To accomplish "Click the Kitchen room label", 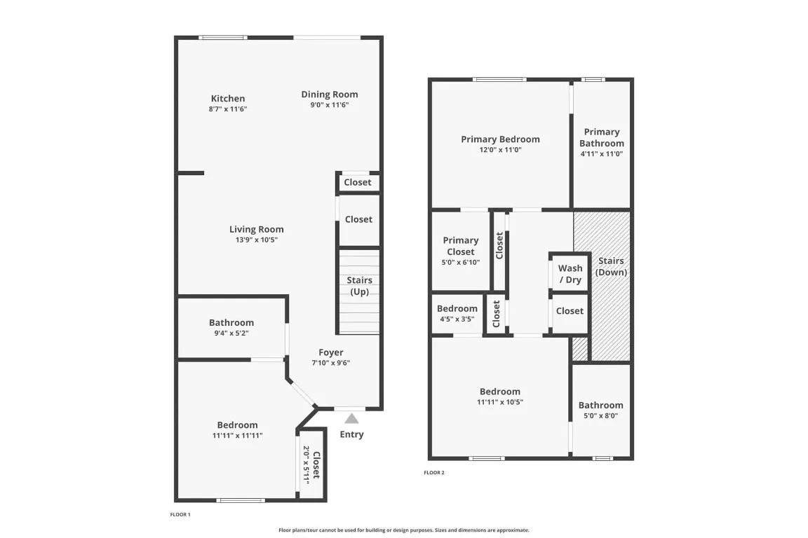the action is click(228, 98).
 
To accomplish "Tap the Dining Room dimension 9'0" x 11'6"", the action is click(329, 105).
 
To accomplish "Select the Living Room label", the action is click(256, 229).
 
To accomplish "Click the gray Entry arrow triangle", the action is click(351, 418).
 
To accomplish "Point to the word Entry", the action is click(351, 434).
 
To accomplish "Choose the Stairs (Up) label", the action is click(359, 286).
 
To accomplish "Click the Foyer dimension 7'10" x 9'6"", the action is click(330, 363).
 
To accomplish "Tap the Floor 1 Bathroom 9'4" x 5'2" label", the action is click(231, 327).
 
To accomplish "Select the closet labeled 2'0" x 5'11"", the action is click(311, 465).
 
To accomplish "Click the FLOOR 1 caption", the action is click(180, 514).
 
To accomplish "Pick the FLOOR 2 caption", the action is click(434, 473).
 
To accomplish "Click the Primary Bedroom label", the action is click(500, 139).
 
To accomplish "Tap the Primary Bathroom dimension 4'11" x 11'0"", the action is click(601, 153).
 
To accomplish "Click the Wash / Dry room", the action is click(570, 274).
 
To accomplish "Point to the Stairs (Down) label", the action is click(611, 266).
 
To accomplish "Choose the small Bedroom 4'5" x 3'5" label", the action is click(457, 313).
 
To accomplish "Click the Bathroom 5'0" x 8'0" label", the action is click(601, 410).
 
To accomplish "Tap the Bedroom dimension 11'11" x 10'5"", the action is click(500, 402).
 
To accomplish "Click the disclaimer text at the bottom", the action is click(403, 530).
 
